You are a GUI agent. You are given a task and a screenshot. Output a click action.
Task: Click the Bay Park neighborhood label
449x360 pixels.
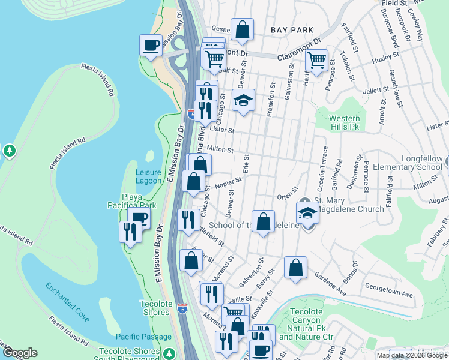click(292, 29)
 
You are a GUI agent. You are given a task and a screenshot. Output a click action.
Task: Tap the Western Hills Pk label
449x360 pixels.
click(345, 122)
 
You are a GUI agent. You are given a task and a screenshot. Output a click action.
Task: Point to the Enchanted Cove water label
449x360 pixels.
click(70, 304)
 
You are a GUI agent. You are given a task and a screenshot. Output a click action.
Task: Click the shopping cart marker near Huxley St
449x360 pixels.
click(316, 59)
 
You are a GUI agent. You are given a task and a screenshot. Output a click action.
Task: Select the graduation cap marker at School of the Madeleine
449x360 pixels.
click(307, 213)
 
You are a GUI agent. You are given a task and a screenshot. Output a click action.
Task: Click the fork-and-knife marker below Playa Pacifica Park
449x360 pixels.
click(131, 231)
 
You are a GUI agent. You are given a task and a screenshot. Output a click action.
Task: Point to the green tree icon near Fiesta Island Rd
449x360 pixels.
click(10, 151)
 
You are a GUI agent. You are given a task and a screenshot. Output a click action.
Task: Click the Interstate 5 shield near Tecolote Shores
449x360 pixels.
click(182, 309)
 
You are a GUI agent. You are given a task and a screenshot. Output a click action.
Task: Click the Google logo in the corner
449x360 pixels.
click(19, 353)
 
